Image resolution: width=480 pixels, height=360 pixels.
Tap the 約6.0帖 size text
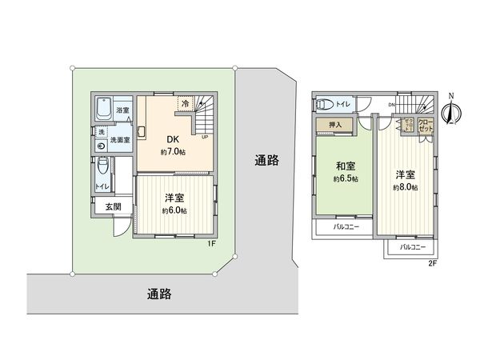tap(174, 210)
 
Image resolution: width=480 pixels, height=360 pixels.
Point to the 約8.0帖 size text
tap(403, 187)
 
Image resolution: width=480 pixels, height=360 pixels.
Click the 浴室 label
tap(122, 110)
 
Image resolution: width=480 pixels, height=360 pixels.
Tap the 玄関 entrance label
tap(112, 206)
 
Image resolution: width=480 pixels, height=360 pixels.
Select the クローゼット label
tap(425, 126)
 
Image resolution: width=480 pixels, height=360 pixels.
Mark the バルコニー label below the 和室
tap(346, 226)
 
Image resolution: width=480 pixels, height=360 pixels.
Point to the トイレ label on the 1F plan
tap(101, 186)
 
